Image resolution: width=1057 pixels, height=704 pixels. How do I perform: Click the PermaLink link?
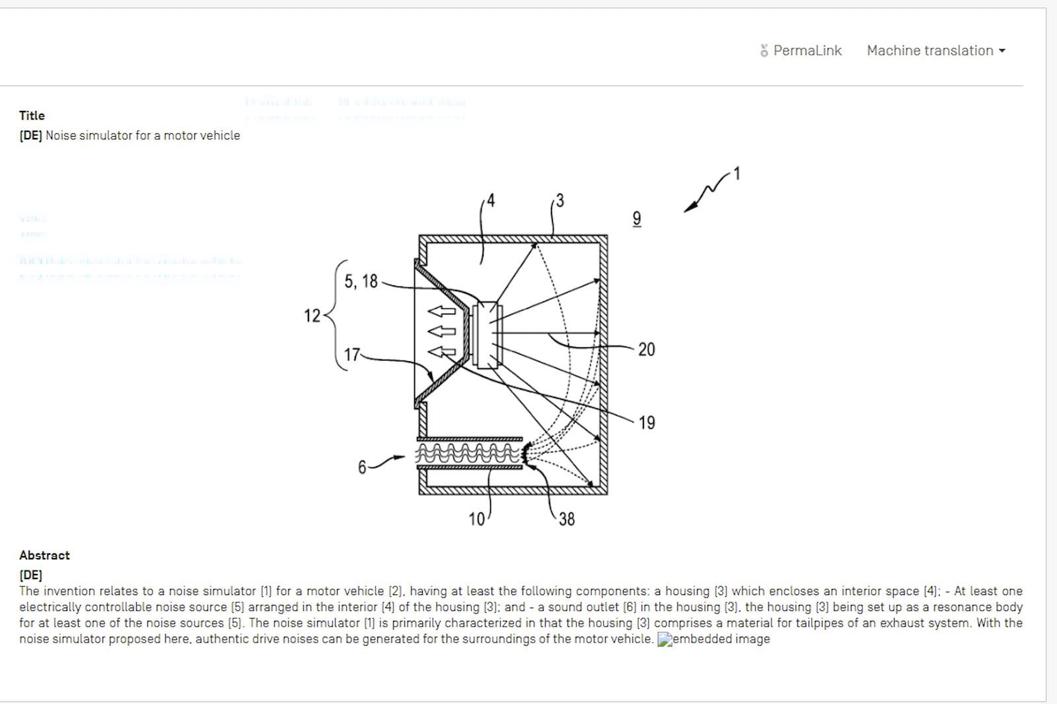[x=801, y=51]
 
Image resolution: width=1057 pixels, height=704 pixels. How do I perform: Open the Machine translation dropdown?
[x=935, y=51]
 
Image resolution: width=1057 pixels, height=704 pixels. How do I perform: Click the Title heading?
[x=32, y=116]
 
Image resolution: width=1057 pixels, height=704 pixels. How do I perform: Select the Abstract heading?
[x=44, y=555]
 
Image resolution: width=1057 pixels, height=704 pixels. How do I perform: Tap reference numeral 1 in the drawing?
[x=737, y=174]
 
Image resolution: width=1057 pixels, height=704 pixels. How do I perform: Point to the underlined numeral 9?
[x=636, y=219]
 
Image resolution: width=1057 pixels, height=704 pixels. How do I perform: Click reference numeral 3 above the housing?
[x=560, y=201]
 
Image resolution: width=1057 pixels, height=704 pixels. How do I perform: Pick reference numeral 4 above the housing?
[x=490, y=200]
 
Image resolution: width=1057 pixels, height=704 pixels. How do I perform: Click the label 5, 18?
[x=361, y=281]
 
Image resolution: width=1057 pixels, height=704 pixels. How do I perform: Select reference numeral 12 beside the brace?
[x=312, y=316]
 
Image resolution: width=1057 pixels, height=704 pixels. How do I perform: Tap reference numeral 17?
[x=352, y=355]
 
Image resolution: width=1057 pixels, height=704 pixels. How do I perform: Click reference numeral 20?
[x=646, y=349]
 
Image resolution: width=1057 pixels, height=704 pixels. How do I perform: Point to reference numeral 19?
[x=647, y=423]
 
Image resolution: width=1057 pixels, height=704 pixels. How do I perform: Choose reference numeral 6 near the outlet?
[x=362, y=468]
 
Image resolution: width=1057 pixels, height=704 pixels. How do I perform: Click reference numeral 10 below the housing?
[x=476, y=520]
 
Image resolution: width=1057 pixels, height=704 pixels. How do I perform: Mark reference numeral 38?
[x=566, y=520]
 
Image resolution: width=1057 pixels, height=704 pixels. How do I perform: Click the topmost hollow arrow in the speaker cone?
[x=441, y=311]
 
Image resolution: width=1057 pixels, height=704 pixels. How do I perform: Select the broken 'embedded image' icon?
[x=665, y=639]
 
